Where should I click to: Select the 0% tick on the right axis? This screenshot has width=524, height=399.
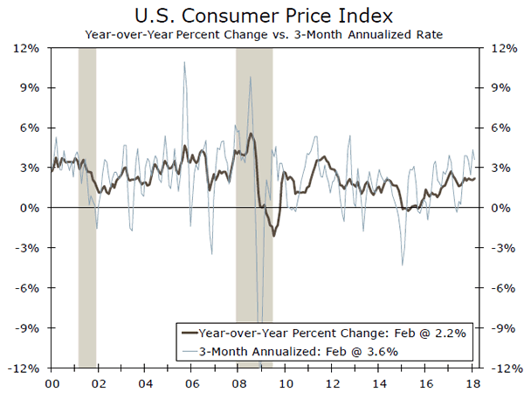pyautogui.click(x=497, y=208)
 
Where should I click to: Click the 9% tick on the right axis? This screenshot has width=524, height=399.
pyautogui.click(x=497, y=88)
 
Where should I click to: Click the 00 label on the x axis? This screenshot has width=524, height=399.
pyautogui.click(x=51, y=383)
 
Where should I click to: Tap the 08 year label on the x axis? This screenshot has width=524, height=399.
pyautogui.click(x=238, y=383)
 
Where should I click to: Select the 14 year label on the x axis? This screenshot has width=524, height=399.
pyautogui.click(x=379, y=383)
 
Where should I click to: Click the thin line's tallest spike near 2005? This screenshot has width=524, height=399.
pyautogui.click(x=184, y=62)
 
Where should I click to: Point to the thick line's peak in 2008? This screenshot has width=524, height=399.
pyautogui.click(x=251, y=134)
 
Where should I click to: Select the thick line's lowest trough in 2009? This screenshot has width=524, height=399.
pyautogui.click(x=273, y=236)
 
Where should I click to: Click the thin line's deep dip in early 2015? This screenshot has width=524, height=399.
pyautogui.click(x=402, y=265)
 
